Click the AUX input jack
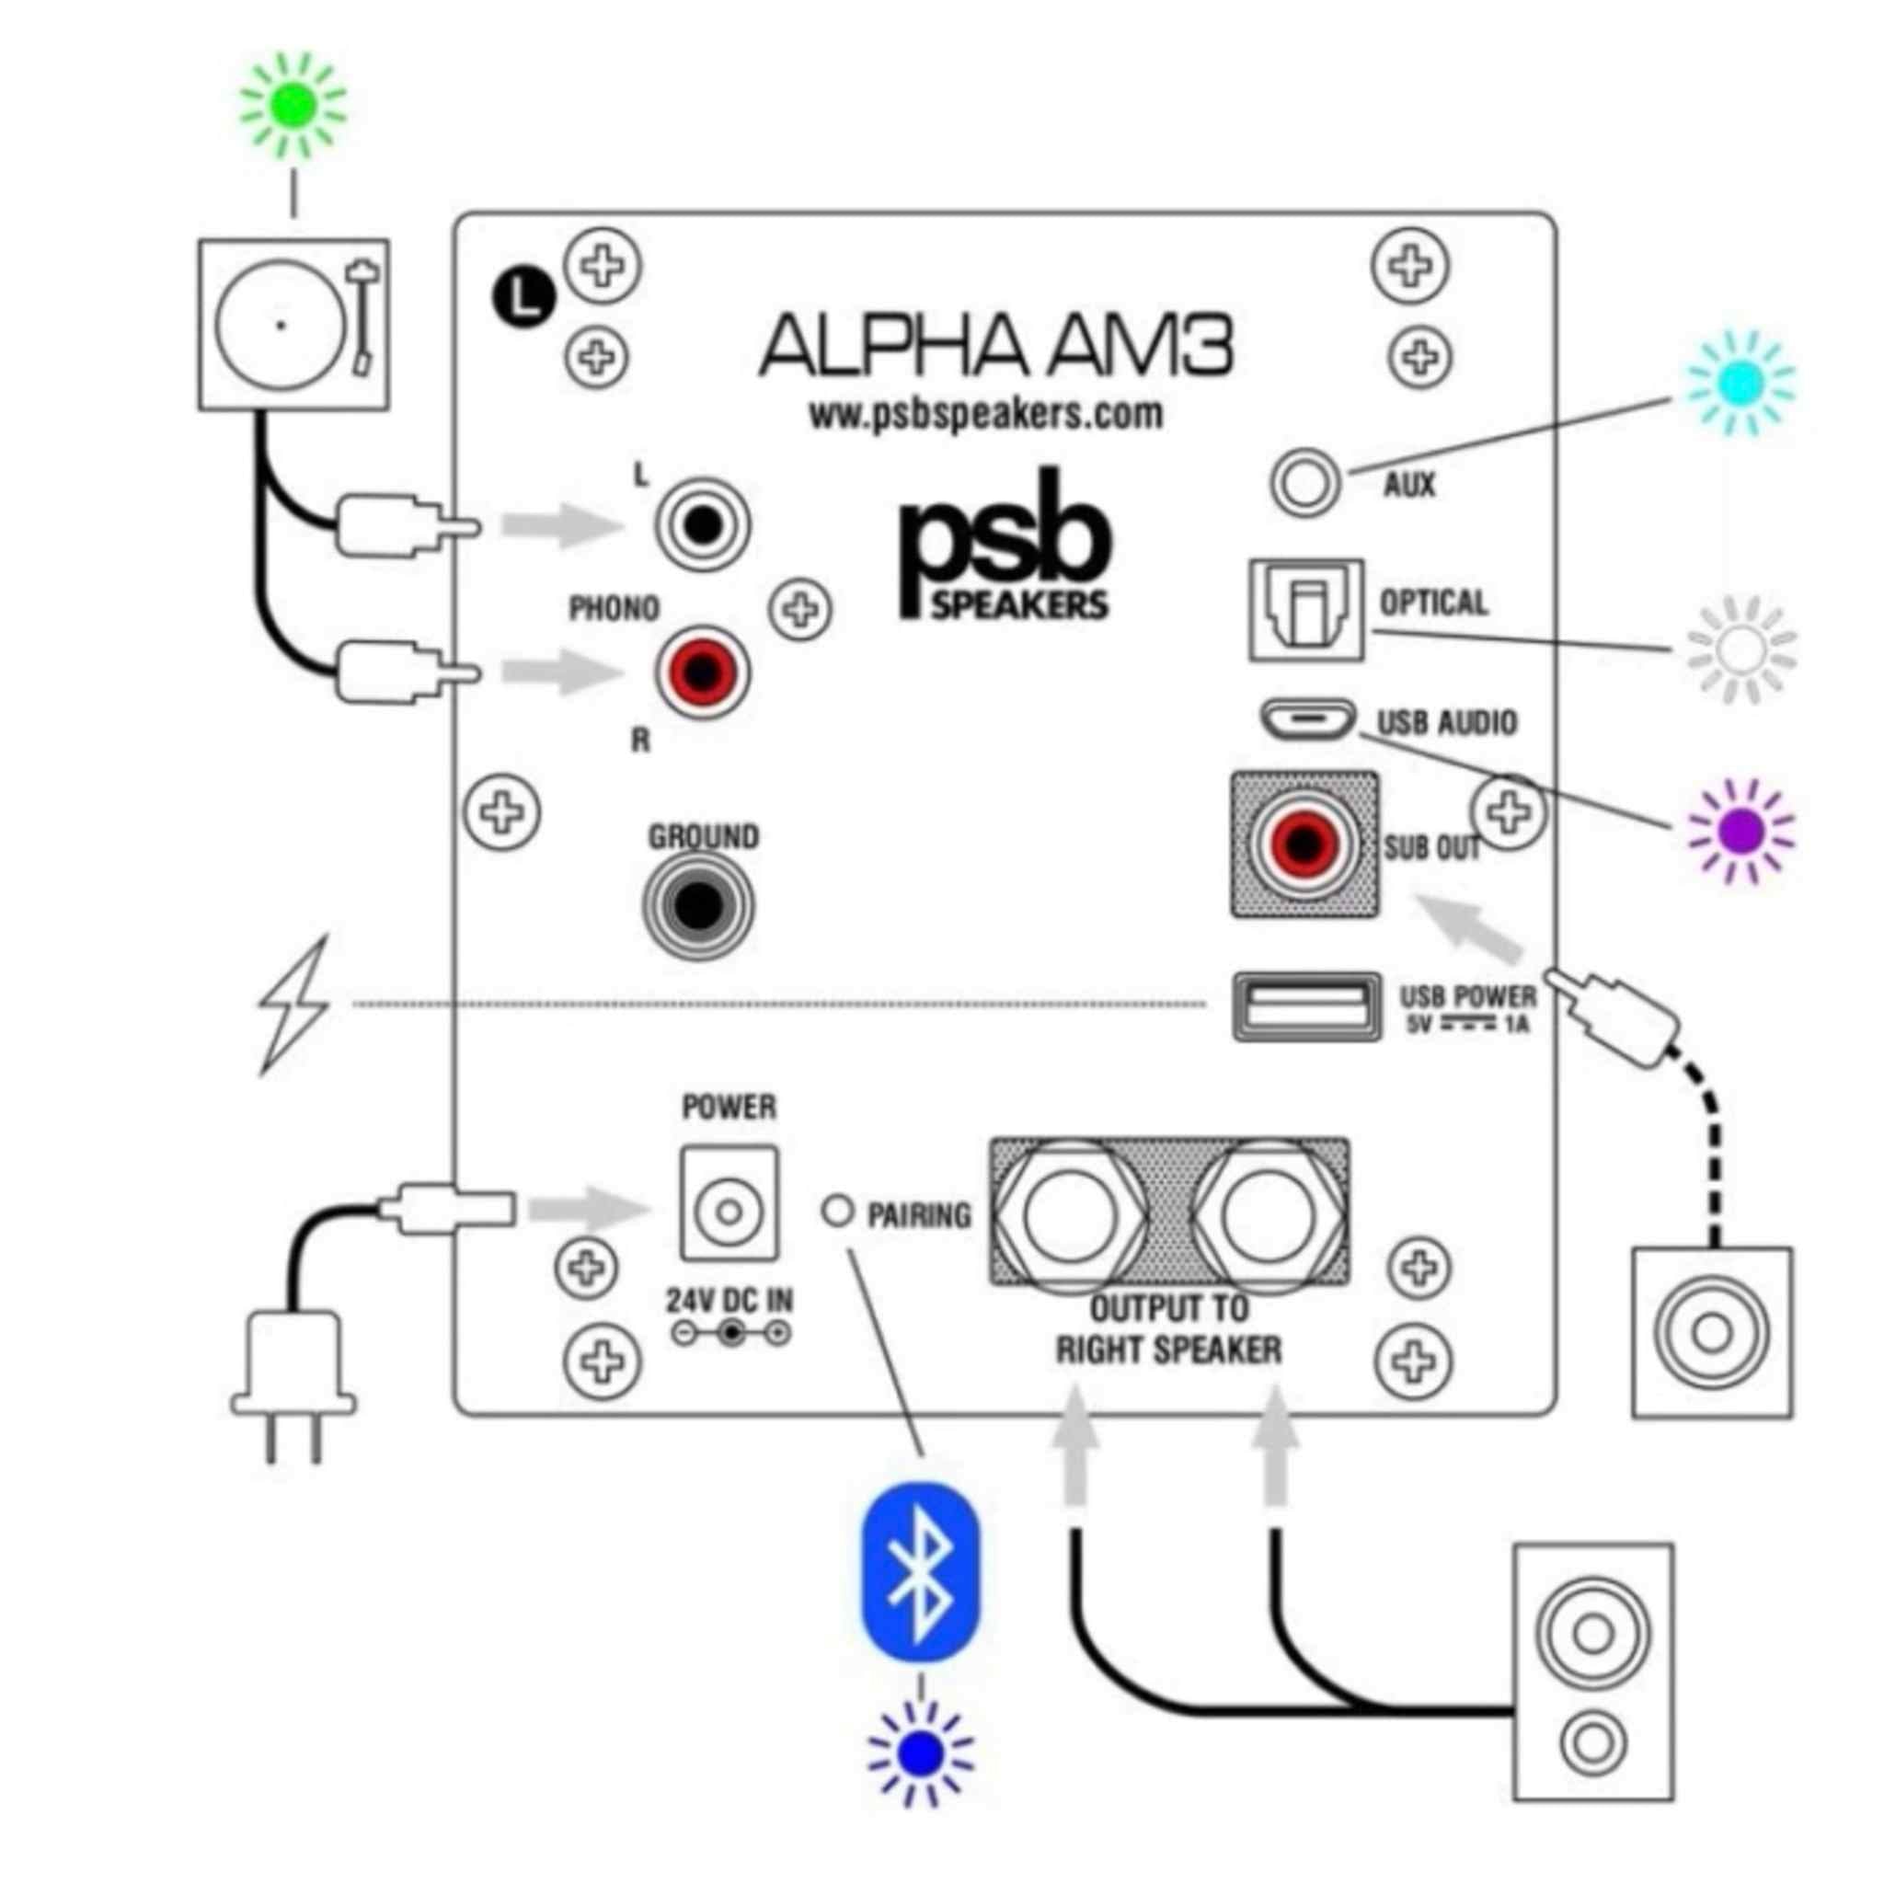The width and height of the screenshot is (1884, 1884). click(1304, 483)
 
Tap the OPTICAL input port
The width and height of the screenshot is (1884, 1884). click(1305, 610)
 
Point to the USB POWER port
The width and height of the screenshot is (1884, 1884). click(1306, 1006)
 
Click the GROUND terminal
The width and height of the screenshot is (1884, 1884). click(697, 907)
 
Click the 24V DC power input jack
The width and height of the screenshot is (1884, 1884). click(729, 1212)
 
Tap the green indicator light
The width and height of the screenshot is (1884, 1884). click(293, 105)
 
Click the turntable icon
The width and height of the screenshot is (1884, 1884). click(293, 324)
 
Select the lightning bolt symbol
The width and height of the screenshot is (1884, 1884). click(293, 1005)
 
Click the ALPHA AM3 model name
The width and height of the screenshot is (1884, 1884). click(994, 346)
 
